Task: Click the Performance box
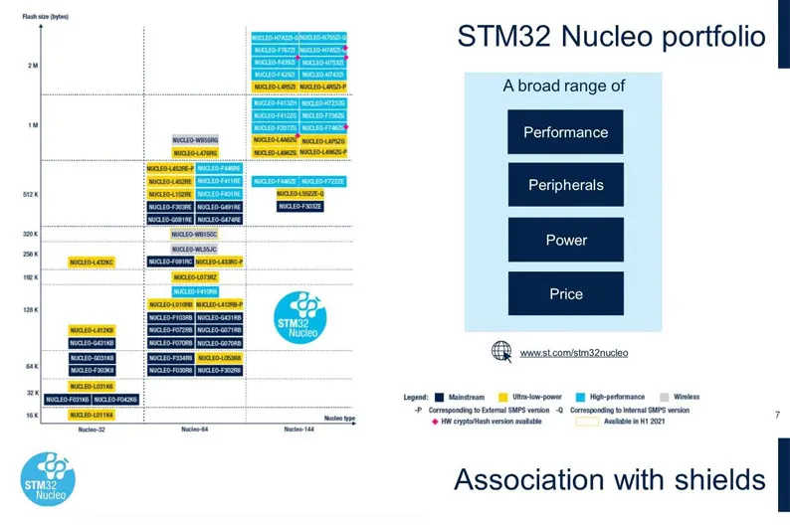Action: (x=565, y=132)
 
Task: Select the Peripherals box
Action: (x=565, y=186)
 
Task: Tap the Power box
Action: (x=565, y=240)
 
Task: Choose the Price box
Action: (x=565, y=293)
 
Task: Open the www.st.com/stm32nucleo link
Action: (x=573, y=353)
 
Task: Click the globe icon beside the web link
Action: (x=501, y=351)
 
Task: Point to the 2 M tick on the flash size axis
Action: (x=32, y=66)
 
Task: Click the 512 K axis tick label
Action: (x=30, y=195)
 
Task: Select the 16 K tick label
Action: (x=32, y=415)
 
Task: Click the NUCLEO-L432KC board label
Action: (x=92, y=262)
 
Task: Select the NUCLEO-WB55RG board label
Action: (x=195, y=140)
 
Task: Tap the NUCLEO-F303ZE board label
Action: (x=300, y=206)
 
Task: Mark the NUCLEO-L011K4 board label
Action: (x=92, y=415)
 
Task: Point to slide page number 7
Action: (x=776, y=414)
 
